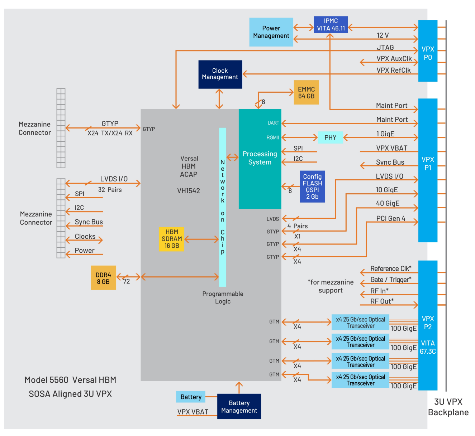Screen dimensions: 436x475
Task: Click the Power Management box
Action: point(271,32)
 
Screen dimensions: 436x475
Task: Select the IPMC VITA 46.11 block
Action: point(331,24)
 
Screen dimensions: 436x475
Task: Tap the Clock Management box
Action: point(220,74)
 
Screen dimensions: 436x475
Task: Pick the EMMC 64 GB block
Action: point(306,92)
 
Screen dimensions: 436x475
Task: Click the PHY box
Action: point(330,137)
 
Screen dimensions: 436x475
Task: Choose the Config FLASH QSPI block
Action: point(312,186)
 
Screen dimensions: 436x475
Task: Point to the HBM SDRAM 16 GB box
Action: point(172,239)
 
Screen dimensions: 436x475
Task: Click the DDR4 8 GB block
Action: point(103,278)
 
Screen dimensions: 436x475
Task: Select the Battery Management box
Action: point(239,406)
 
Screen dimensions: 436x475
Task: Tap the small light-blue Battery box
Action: point(191,397)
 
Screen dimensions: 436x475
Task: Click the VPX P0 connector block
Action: point(428,51)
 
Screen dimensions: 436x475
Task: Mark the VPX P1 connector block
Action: point(428,170)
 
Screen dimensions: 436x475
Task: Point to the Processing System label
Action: point(260,158)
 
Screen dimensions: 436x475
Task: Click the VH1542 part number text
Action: point(189,191)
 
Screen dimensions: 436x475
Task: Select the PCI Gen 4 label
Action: point(391,218)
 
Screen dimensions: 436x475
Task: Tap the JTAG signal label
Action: point(385,47)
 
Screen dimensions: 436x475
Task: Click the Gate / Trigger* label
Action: point(391,280)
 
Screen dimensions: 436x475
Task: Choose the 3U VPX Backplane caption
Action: point(448,407)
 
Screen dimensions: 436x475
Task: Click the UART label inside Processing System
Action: point(273,123)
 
